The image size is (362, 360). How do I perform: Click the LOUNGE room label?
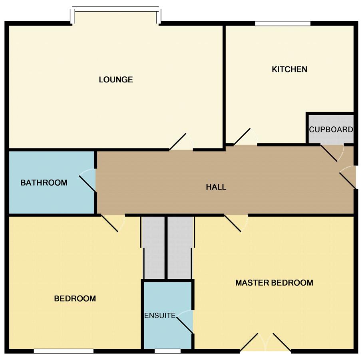[x=116, y=80]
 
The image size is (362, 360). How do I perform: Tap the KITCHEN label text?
[x=290, y=69]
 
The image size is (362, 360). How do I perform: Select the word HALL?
[x=216, y=187]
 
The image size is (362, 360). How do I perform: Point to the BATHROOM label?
[x=44, y=183]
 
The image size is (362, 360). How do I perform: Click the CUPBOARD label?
[x=331, y=129]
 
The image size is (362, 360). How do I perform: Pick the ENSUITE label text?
[x=160, y=316]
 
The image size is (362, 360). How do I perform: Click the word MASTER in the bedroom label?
[x=252, y=283]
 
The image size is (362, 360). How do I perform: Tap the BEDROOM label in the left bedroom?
[x=75, y=298]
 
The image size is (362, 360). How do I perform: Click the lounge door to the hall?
[x=178, y=142]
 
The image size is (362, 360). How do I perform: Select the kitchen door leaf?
[x=242, y=137]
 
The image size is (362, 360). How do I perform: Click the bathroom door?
[x=88, y=184]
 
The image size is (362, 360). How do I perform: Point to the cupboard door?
[x=329, y=153]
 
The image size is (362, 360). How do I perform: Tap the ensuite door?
[x=185, y=325]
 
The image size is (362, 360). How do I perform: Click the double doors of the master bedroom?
[x=265, y=342]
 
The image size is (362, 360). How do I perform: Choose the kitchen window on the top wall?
[x=283, y=23]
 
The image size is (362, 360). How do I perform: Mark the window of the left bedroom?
[x=64, y=351]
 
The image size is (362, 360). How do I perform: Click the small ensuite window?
[x=167, y=351]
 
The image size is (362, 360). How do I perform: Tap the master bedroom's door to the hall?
[x=233, y=224]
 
